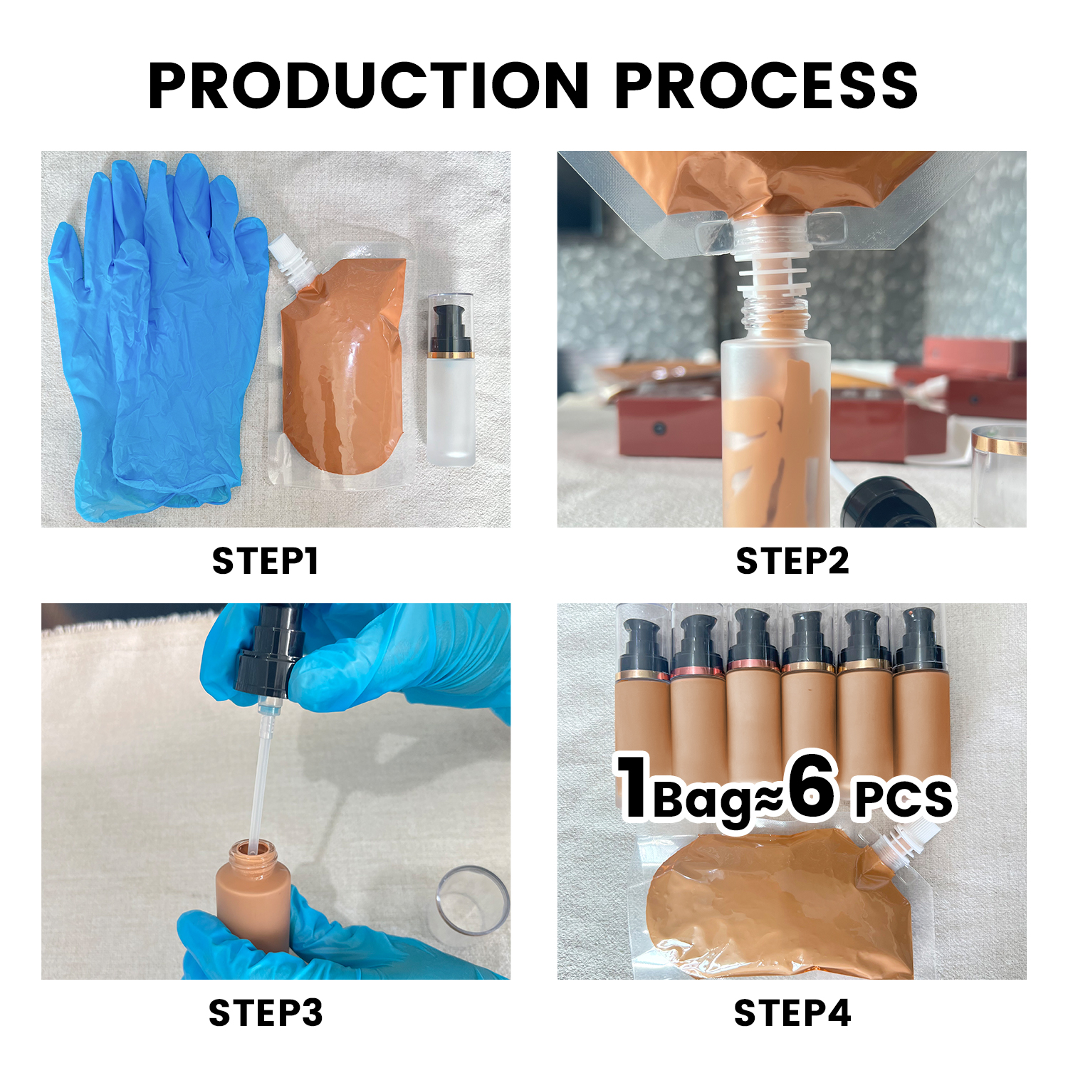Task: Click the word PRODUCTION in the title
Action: coord(368,85)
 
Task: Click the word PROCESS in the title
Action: coord(766,85)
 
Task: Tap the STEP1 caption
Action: coord(265,561)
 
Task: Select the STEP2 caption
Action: coord(792,561)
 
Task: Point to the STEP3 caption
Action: coord(266,1012)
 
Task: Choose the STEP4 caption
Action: coord(792,1012)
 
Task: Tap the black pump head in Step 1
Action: coord(450,324)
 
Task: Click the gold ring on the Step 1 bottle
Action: coord(450,355)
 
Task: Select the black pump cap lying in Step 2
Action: coord(886,502)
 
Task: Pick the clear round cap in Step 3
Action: coord(471,901)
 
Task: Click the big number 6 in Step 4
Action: coord(812,787)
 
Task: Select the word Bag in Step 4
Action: coord(701,801)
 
